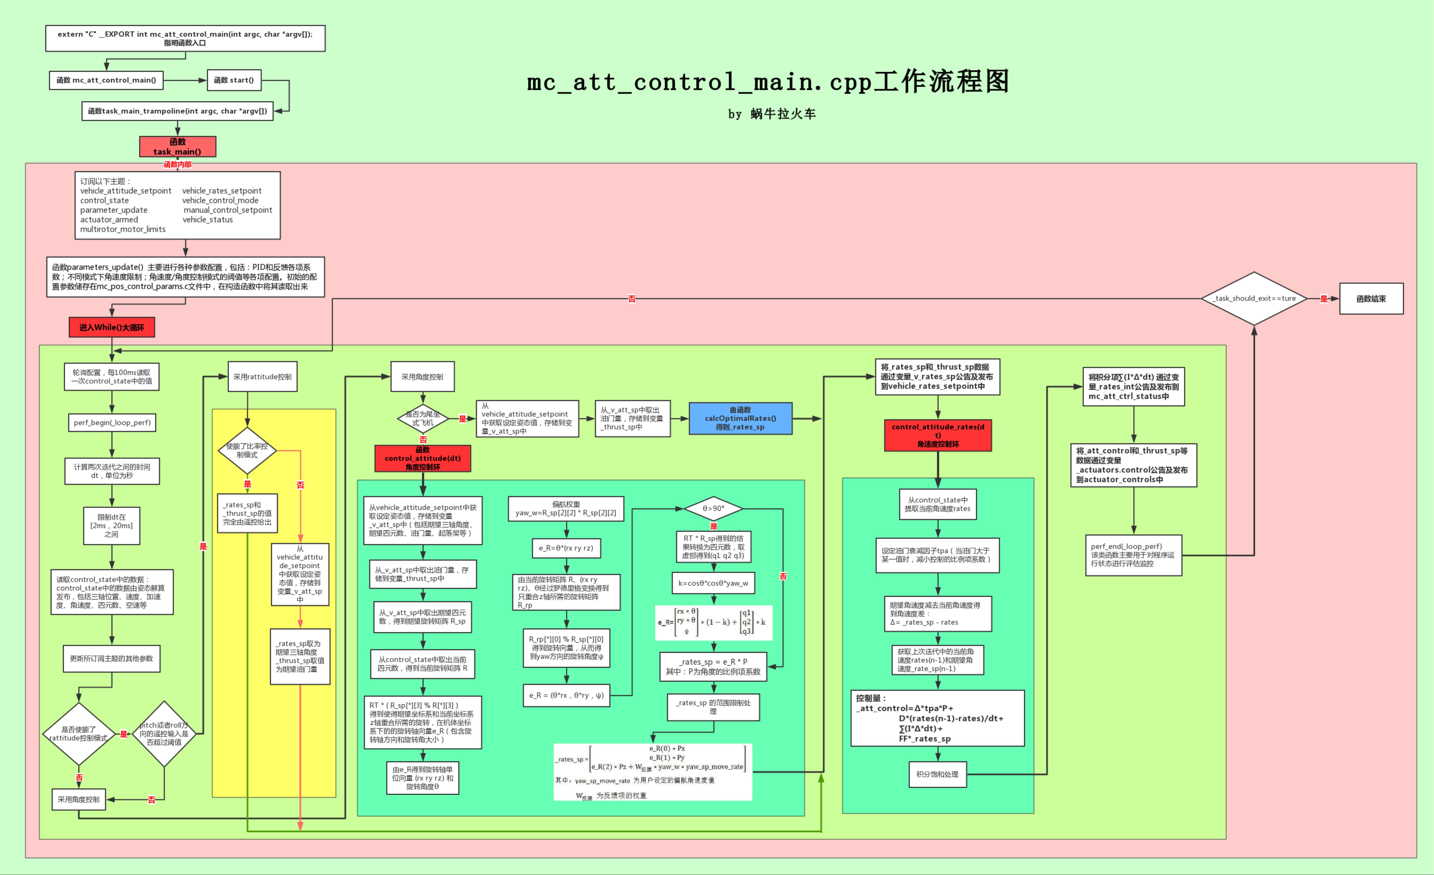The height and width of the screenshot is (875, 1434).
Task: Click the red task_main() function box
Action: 177,147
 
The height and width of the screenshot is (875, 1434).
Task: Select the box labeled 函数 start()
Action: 234,80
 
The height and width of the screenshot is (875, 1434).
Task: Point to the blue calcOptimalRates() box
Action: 740,418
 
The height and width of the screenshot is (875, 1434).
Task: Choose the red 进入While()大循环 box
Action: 112,327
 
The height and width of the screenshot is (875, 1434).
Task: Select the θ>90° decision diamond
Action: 713,509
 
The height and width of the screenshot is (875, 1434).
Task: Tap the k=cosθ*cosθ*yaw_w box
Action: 713,583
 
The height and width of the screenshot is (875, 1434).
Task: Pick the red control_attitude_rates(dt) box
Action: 938,435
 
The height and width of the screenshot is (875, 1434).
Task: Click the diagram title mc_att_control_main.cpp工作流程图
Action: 768,81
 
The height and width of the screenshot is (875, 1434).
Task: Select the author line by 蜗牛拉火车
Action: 772,114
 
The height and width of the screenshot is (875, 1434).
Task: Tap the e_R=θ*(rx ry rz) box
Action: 566,548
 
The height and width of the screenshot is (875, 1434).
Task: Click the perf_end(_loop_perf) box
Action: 1133,555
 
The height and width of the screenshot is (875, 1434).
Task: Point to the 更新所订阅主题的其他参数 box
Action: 112,658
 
